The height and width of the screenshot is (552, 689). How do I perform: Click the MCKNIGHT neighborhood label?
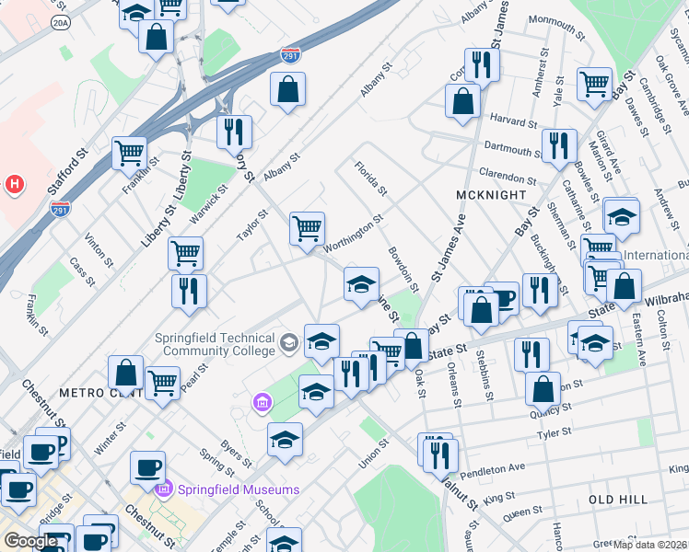491,195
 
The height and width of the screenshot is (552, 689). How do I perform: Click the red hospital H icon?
14,184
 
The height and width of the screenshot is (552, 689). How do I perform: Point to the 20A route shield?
61,24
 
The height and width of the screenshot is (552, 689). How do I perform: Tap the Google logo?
29,541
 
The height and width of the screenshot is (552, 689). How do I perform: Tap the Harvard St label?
513,121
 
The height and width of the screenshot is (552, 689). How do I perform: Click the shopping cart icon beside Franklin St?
129,152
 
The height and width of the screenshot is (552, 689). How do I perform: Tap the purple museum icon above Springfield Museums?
262,403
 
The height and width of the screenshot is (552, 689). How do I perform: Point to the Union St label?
375,453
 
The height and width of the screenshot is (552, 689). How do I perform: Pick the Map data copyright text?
650,544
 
